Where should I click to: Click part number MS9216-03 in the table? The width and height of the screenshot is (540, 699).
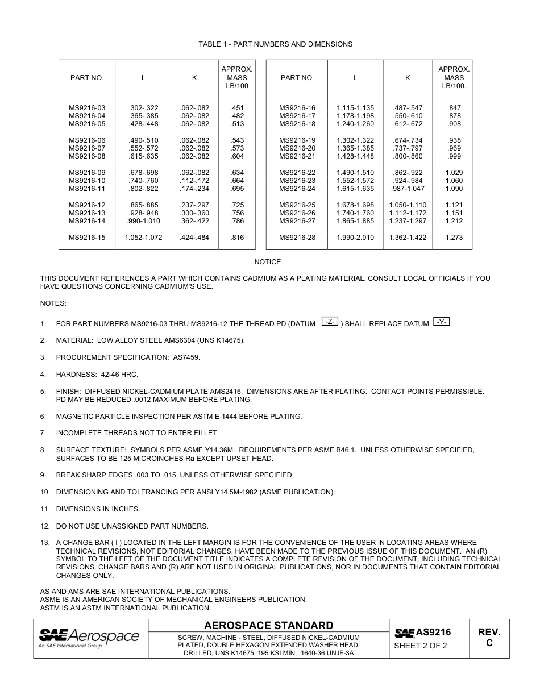(x=87, y=108)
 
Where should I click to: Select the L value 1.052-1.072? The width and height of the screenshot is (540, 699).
(x=143, y=238)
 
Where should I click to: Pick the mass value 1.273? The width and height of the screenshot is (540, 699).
(x=454, y=238)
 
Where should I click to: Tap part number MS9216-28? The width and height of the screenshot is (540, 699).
(x=297, y=238)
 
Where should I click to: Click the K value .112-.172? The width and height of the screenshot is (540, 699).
(x=194, y=181)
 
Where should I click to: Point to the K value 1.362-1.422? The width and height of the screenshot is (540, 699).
(x=408, y=238)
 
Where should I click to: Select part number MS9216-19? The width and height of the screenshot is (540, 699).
(x=297, y=140)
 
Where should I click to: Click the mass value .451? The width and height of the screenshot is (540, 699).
(x=237, y=108)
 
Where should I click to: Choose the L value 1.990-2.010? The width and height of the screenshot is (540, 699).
(x=355, y=238)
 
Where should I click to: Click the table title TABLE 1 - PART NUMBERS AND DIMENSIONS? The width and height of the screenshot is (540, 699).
(x=275, y=44)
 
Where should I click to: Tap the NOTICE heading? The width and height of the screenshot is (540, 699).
(x=267, y=262)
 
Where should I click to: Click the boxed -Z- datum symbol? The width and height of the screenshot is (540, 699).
(x=330, y=322)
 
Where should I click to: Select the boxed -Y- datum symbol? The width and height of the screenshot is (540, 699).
(x=441, y=322)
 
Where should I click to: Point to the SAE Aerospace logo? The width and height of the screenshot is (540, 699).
(x=89, y=638)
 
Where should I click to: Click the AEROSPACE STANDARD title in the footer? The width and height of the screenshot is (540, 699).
(x=268, y=626)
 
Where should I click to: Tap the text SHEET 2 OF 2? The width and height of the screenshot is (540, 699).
(x=421, y=646)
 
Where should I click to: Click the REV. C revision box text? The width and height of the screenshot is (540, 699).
(x=489, y=638)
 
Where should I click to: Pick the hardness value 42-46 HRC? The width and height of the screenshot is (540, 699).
(x=119, y=375)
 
